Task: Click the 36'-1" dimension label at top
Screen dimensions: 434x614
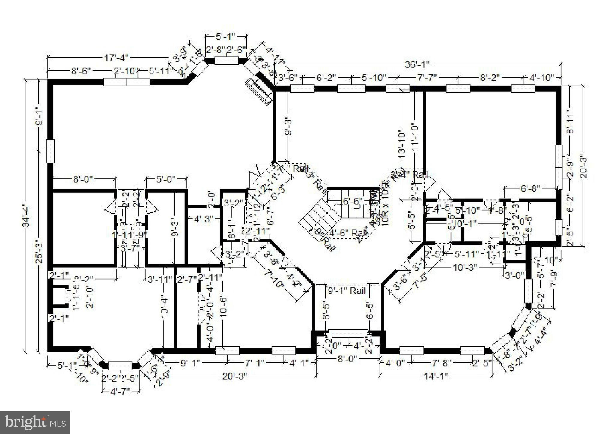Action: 417,64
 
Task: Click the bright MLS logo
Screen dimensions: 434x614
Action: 35,422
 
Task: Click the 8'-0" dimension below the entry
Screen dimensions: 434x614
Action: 348,359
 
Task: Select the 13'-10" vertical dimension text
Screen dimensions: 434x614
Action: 402,144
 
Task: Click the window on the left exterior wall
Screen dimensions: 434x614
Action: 50,151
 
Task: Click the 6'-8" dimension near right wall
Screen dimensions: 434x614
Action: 530,188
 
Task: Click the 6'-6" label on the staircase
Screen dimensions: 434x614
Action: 353,201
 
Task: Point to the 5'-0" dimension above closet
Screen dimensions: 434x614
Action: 165,179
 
